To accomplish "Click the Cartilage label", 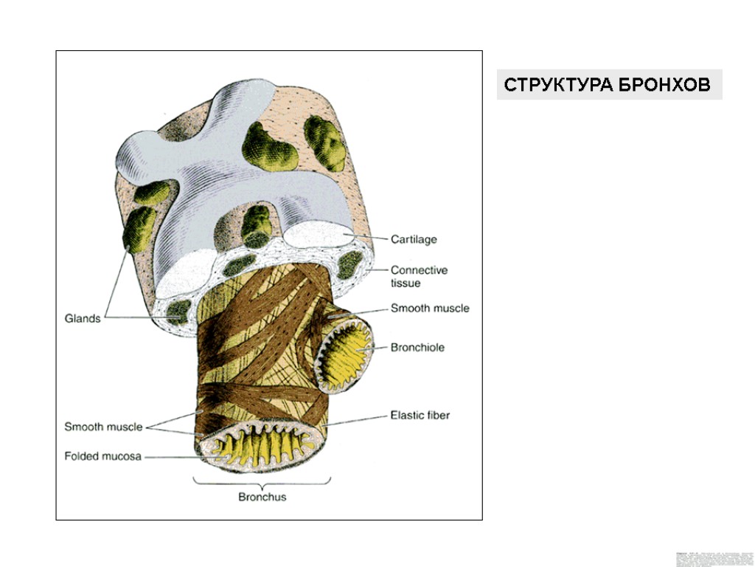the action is click(414, 239).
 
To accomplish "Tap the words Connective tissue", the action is click(419, 276).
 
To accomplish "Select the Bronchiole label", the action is click(417, 347).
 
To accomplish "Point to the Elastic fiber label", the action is click(420, 415).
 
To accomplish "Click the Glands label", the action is click(82, 319).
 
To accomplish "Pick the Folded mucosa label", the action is click(102, 456).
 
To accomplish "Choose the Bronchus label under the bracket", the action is click(262, 497).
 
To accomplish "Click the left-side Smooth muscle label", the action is click(102, 427).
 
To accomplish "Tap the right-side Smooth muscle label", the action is click(430, 308).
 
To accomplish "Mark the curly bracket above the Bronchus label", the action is click(262, 481).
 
